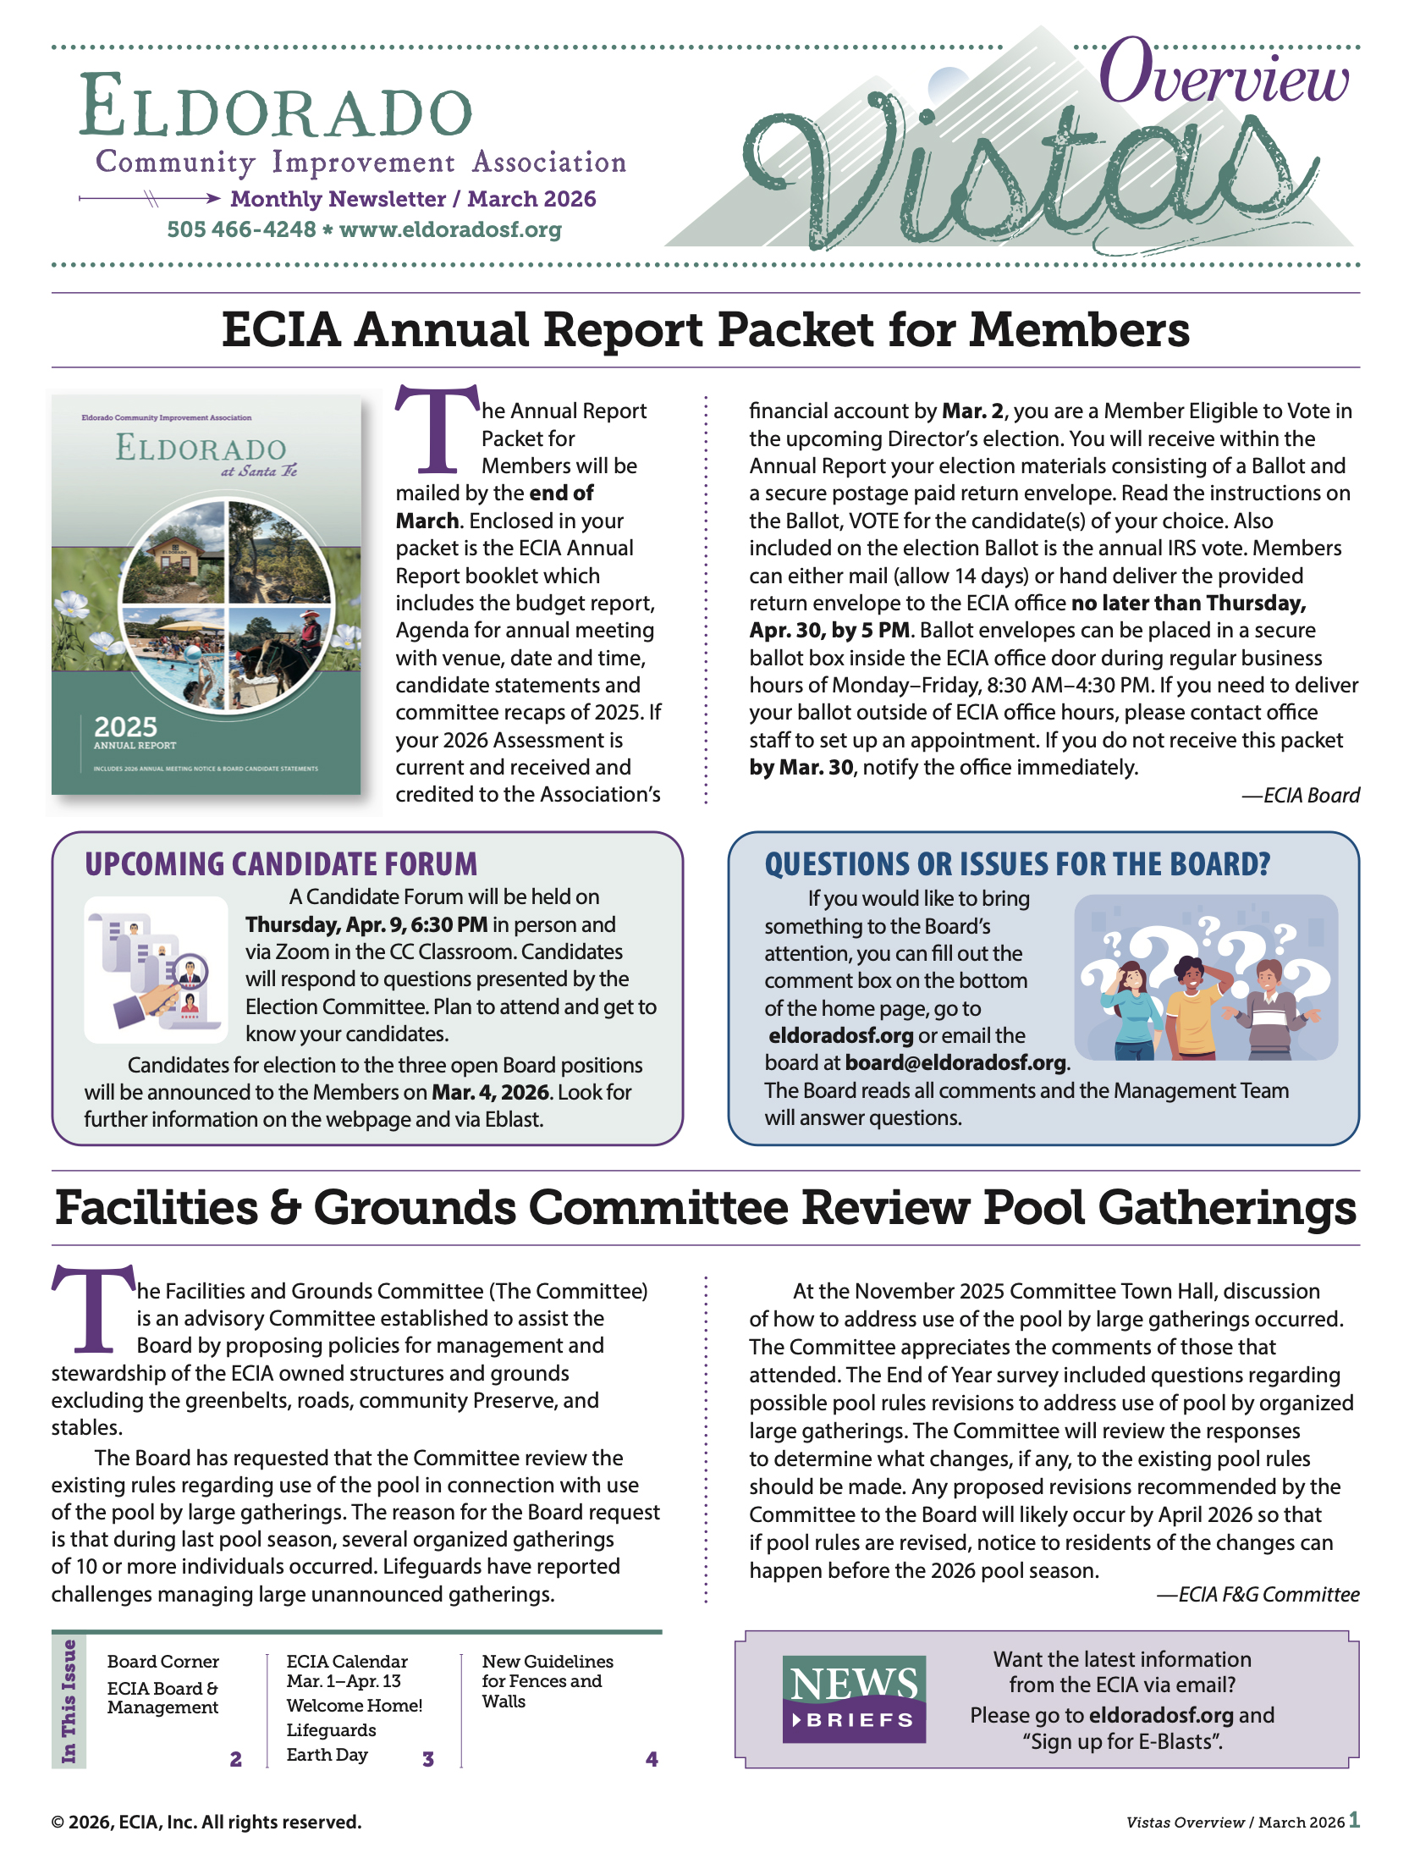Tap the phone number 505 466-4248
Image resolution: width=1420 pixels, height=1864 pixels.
(x=241, y=229)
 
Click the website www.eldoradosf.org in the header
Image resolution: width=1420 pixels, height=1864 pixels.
(x=450, y=229)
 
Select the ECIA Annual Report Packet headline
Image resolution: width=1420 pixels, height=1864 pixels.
(x=705, y=330)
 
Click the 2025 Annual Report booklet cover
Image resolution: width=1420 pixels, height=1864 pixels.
(x=206, y=594)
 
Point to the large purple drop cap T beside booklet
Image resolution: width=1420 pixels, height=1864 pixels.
(x=438, y=430)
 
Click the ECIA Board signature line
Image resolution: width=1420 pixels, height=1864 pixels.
(x=1301, y=796)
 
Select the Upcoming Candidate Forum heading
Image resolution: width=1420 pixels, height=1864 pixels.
(x=281, y=864)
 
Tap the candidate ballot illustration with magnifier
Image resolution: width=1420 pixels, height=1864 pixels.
(x=157, y=969)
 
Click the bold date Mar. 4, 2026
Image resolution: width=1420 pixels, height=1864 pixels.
(x=490, y=1092)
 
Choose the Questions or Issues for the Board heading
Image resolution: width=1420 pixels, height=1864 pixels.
(x=1017, y=864)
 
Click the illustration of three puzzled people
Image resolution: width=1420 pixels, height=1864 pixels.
(x=1205, y=978)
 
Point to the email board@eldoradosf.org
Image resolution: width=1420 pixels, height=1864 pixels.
(x=955, y=1062)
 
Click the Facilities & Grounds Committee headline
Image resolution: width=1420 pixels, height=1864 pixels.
(x=705, y=1208)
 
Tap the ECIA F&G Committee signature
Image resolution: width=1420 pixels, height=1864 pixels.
(x=1258, y=1595)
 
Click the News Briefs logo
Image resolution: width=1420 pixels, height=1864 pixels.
(x=854, y=1698)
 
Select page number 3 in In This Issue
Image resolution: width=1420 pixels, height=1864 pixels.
(x=428, y=1759)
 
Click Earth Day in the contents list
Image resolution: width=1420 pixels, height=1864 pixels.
(x=327, y=1755)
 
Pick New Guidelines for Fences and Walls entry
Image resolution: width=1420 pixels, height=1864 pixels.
(x=547, y=1681)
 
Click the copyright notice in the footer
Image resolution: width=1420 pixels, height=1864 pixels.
(x=206, y=1822)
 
